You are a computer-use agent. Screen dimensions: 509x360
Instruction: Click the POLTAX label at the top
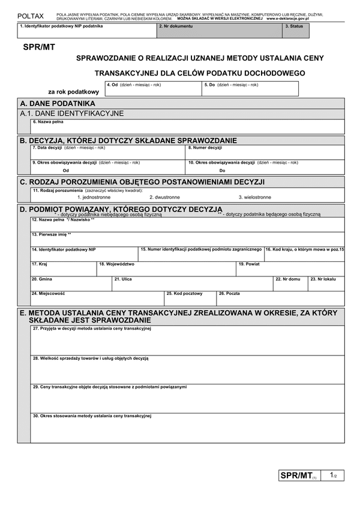30,16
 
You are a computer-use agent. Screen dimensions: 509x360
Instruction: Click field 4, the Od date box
153,89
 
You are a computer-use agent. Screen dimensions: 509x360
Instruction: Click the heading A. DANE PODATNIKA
58,103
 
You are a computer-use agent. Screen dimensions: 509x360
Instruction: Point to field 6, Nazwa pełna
188,127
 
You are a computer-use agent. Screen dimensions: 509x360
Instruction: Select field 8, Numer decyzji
265,152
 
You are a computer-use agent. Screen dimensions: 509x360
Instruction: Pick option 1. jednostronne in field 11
94,197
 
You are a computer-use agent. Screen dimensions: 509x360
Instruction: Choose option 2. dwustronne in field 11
164,197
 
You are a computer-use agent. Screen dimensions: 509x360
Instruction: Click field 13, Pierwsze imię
188,239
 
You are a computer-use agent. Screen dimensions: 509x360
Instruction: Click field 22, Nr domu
290,284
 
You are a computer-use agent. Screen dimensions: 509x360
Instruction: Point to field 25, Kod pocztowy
190,298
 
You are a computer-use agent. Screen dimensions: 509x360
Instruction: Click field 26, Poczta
280,298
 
